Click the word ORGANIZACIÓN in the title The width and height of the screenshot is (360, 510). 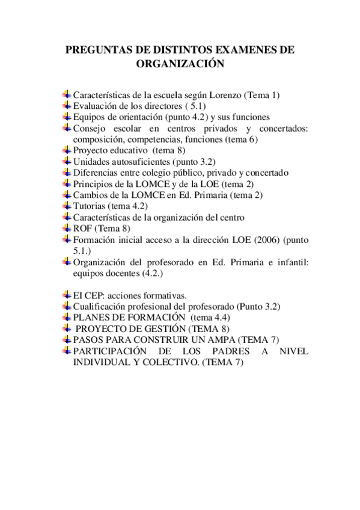pos(180,64)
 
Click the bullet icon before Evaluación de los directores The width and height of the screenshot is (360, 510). pos(67,105)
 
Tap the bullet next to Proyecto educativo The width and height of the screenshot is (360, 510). pos(67,150)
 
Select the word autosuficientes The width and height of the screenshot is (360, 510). pos(140,161)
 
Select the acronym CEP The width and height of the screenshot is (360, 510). pos(94,295)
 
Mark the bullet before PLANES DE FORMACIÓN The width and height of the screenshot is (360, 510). pos(67,317)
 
